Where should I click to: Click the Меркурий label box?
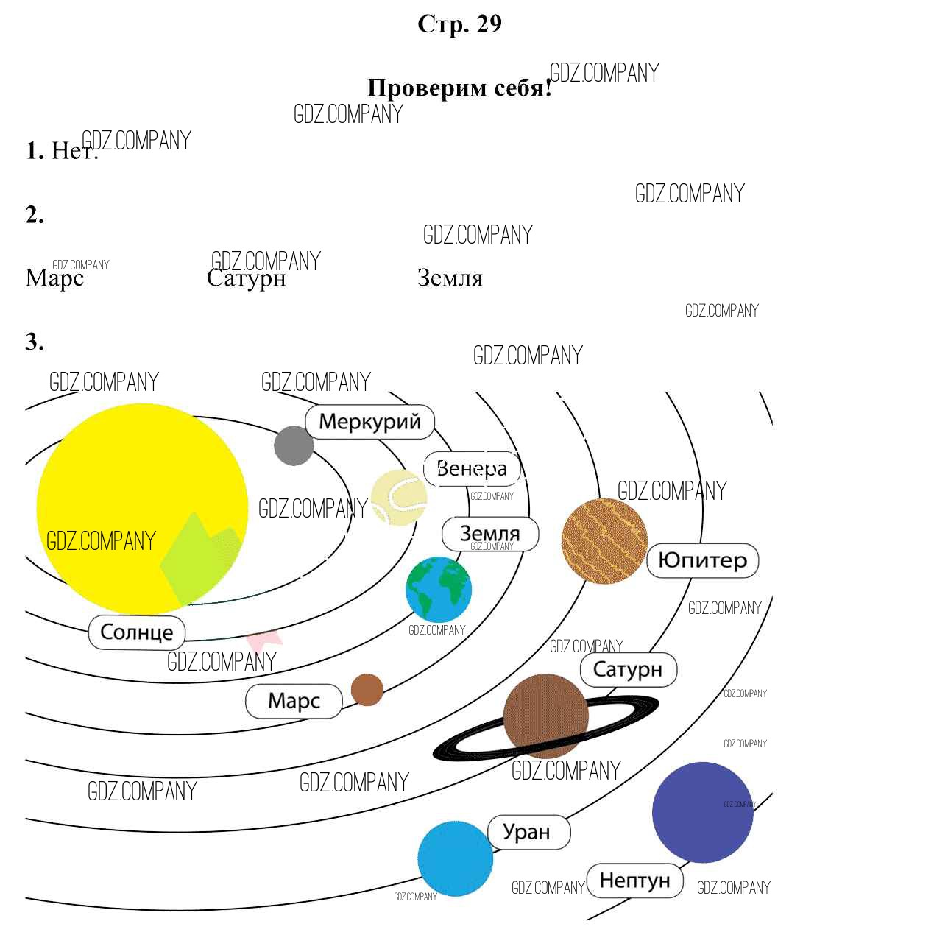[x=369, y=422]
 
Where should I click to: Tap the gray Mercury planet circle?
[x=294, y=445]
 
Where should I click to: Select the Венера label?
[x=472, y=468]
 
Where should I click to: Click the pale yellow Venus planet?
[x=398, y=498]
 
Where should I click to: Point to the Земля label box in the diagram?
[x=490, y=533]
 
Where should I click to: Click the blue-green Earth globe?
[x=438, y=589]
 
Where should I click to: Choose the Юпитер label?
[x=702, y=560]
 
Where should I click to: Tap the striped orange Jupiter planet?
[x=604, y=541]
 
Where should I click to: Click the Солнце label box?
[x=137, y=632]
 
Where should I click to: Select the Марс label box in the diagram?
[x=294, y=700]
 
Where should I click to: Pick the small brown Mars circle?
[x=367, y=690]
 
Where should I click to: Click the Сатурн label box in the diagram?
[x=628, y=669]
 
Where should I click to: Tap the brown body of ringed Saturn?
[x=545, y=716]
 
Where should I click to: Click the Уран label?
[x=527, y=832]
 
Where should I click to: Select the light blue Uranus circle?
[x=455, y=858]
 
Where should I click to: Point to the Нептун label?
[x=635, y=880]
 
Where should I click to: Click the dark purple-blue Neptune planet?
[x=702, y=812]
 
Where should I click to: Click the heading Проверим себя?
[x=459, y=88]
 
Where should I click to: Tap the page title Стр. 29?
[x=459, y=24]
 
